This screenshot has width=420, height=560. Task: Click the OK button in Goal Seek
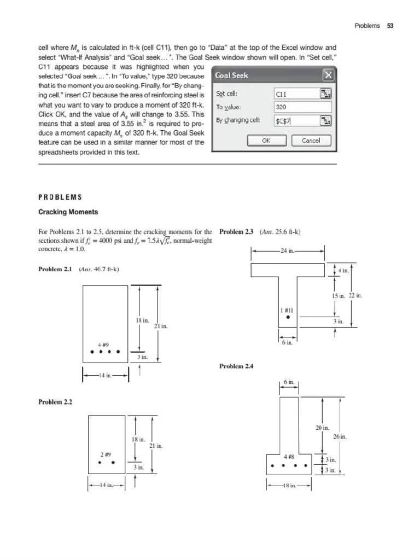pos(266,141)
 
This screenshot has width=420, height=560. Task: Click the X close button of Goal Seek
pos(328,75)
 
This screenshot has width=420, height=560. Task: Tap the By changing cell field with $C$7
pos(296,121)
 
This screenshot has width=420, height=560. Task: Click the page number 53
pos(390,26)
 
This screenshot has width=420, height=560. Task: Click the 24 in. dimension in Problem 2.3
pos(288,251)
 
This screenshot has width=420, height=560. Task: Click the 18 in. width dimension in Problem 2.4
pos(288,485)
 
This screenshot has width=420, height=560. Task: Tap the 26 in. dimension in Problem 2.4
pos(340,436)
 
